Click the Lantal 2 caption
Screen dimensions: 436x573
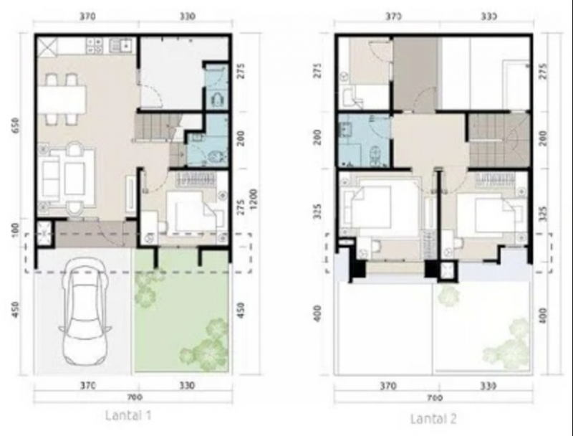(x=433, y=418)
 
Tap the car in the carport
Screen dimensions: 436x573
(x=84, y=312)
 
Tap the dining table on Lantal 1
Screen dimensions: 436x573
(x=63, y=99)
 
